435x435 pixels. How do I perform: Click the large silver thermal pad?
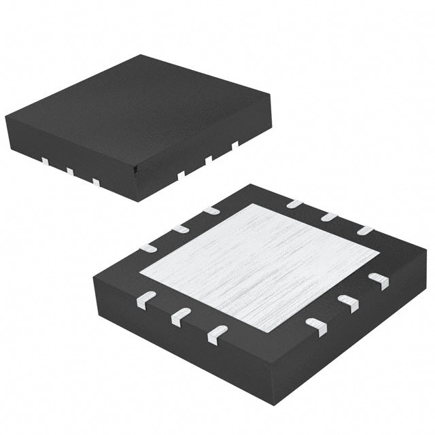coord(260,267)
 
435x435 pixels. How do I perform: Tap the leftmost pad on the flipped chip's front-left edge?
coord(146,300)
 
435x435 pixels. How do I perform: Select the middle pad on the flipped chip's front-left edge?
coord(181,316)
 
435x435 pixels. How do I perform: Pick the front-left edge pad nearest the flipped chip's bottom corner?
coord(217,332)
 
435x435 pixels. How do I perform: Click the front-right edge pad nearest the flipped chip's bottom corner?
coord(316,326)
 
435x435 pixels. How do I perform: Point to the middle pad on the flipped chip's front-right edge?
coord(348,303)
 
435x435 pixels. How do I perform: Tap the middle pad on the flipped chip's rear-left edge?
coord(179,228)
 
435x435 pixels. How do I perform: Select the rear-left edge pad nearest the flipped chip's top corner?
coord(211,211)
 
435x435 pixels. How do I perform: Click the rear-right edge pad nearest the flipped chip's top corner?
coord(294,203)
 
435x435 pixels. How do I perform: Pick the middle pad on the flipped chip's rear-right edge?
coord(330,217)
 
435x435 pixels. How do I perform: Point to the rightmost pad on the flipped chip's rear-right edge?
coord(365,230)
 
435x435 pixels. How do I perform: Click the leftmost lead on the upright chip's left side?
coord(45,161)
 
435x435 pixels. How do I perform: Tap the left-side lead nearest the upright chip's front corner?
coord(96,181)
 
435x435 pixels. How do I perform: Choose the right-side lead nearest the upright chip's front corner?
coord(181,174)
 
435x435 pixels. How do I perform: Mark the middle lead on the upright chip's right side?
coord(209,159)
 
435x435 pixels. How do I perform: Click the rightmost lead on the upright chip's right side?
coord(234,144)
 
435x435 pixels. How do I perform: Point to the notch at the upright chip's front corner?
coord(137,166)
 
